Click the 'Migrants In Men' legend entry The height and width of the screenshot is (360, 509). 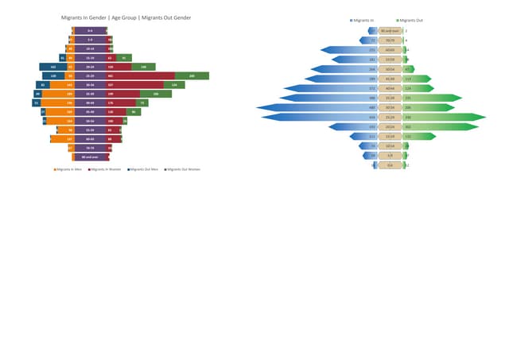click(69, 169)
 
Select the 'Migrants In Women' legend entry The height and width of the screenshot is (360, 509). click(106, 169)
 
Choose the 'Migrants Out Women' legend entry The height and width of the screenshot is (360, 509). click(182, 169)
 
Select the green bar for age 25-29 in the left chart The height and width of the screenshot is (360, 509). click(192, 75)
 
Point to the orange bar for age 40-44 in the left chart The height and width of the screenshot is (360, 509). click(57, 103)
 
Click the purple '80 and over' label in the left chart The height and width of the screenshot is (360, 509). click(90, 157)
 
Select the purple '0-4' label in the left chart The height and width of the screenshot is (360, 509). click(90, 30)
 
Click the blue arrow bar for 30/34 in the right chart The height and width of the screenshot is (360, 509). click(318, 107)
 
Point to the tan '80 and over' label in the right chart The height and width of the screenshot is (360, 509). click(390, 30)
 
